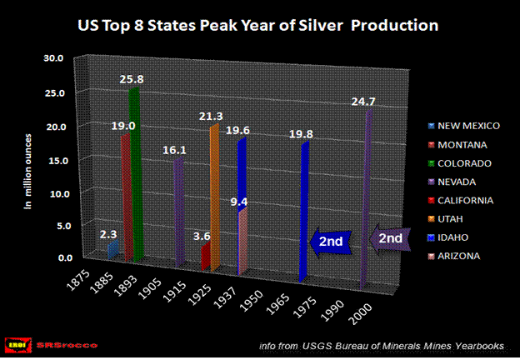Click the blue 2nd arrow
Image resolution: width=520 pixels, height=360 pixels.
(x=330, y=241)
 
